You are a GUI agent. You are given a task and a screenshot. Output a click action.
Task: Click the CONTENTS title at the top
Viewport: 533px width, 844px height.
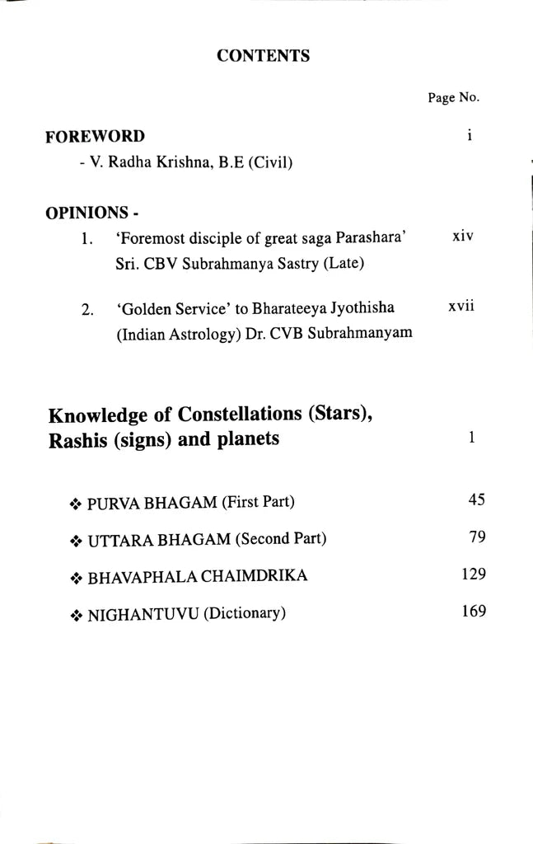pos(263,56)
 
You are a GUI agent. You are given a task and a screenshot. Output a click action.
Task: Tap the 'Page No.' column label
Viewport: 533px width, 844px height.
pos(453,97)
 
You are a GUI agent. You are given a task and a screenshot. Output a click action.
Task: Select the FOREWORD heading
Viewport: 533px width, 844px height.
pos(95,136)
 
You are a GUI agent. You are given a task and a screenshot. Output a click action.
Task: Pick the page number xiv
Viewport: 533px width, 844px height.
pos(464,236)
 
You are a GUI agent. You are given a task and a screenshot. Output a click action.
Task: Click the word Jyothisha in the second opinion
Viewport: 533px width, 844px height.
pos(365,308)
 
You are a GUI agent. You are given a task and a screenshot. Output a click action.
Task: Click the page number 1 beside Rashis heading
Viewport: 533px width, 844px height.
pos(471,438)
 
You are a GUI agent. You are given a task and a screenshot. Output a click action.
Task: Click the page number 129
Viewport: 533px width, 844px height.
pos(474,574)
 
